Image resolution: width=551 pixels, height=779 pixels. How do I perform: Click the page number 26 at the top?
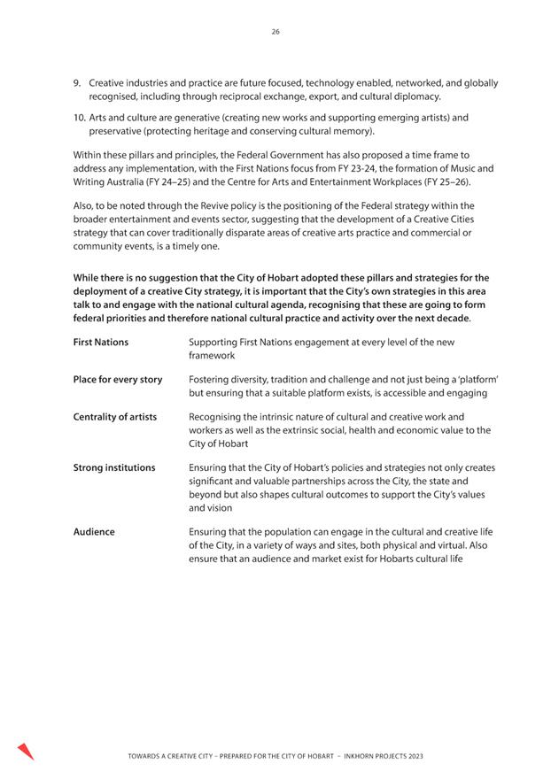coord(275,32)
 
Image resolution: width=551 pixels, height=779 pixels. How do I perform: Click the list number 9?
coord(76,82)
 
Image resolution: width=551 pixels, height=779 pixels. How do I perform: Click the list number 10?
coord(78,117)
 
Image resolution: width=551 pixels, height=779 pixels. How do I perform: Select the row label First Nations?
coord(100,342)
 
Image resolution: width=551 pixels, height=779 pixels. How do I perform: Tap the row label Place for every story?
coord(117,380)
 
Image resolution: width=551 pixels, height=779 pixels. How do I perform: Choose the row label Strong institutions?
coord(113,467)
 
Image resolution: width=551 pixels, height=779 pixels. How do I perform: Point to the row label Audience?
coord(93,531)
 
